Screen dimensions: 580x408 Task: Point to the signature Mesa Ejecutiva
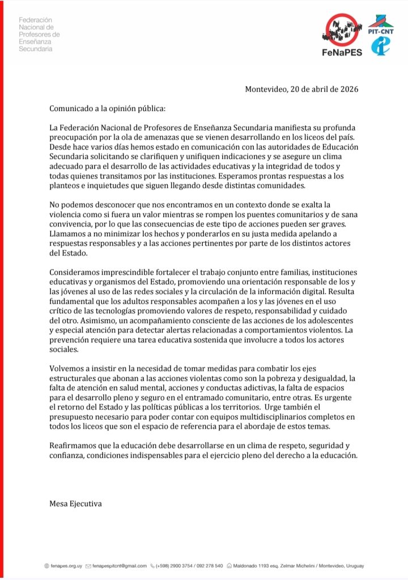(x=76, y=502)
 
